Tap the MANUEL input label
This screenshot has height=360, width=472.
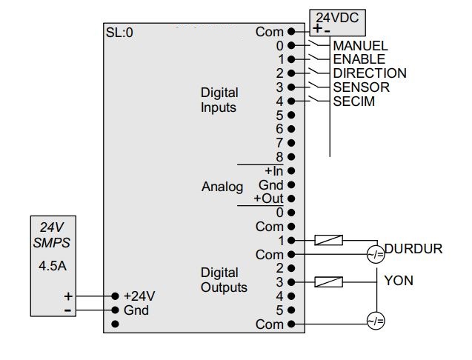pos(360,46)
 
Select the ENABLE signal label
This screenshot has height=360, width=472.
pos(359,59)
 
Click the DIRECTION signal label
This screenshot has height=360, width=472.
pos(369,73)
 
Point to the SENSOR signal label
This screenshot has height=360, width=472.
pos(361,87)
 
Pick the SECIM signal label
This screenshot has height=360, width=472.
pos(353,101)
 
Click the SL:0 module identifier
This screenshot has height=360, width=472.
pos(119,33)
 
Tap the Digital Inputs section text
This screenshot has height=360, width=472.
pos(219,100)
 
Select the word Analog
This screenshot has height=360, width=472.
pos(222,187)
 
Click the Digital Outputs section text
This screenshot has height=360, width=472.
pos(224,280)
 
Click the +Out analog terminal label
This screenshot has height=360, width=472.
pos(268,199)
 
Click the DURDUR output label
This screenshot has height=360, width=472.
pos(413,249)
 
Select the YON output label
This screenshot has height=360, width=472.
pos(399,281)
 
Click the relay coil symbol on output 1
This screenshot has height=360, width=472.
pos(328,240)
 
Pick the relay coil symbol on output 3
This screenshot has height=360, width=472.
pos(328,281)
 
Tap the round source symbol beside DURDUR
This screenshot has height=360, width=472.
pos(376,254)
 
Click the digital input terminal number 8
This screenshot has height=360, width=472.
pos(279,157)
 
